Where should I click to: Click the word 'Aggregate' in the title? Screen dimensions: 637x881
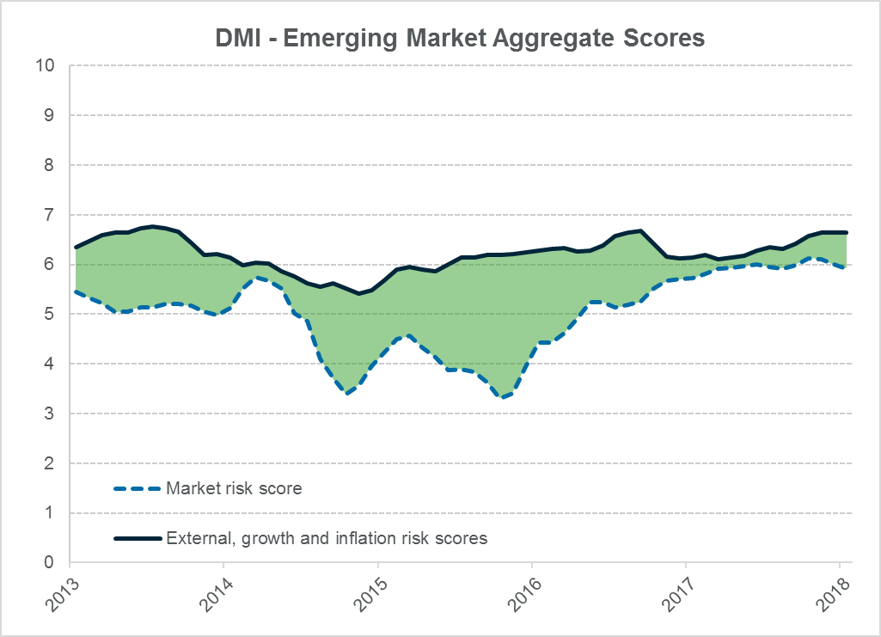pyautogui.click(x=541, y=40)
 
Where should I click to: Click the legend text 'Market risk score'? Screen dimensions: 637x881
pyautogui.click(x=234, y=489)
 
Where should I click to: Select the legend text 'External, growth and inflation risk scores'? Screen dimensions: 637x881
pyautogui.click(x=327, y=539)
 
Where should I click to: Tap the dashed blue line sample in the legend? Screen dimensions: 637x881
pyautogui.click(x=138, y=490)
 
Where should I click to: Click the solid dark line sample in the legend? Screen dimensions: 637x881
pyautogui.click(x=138, y=539)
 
